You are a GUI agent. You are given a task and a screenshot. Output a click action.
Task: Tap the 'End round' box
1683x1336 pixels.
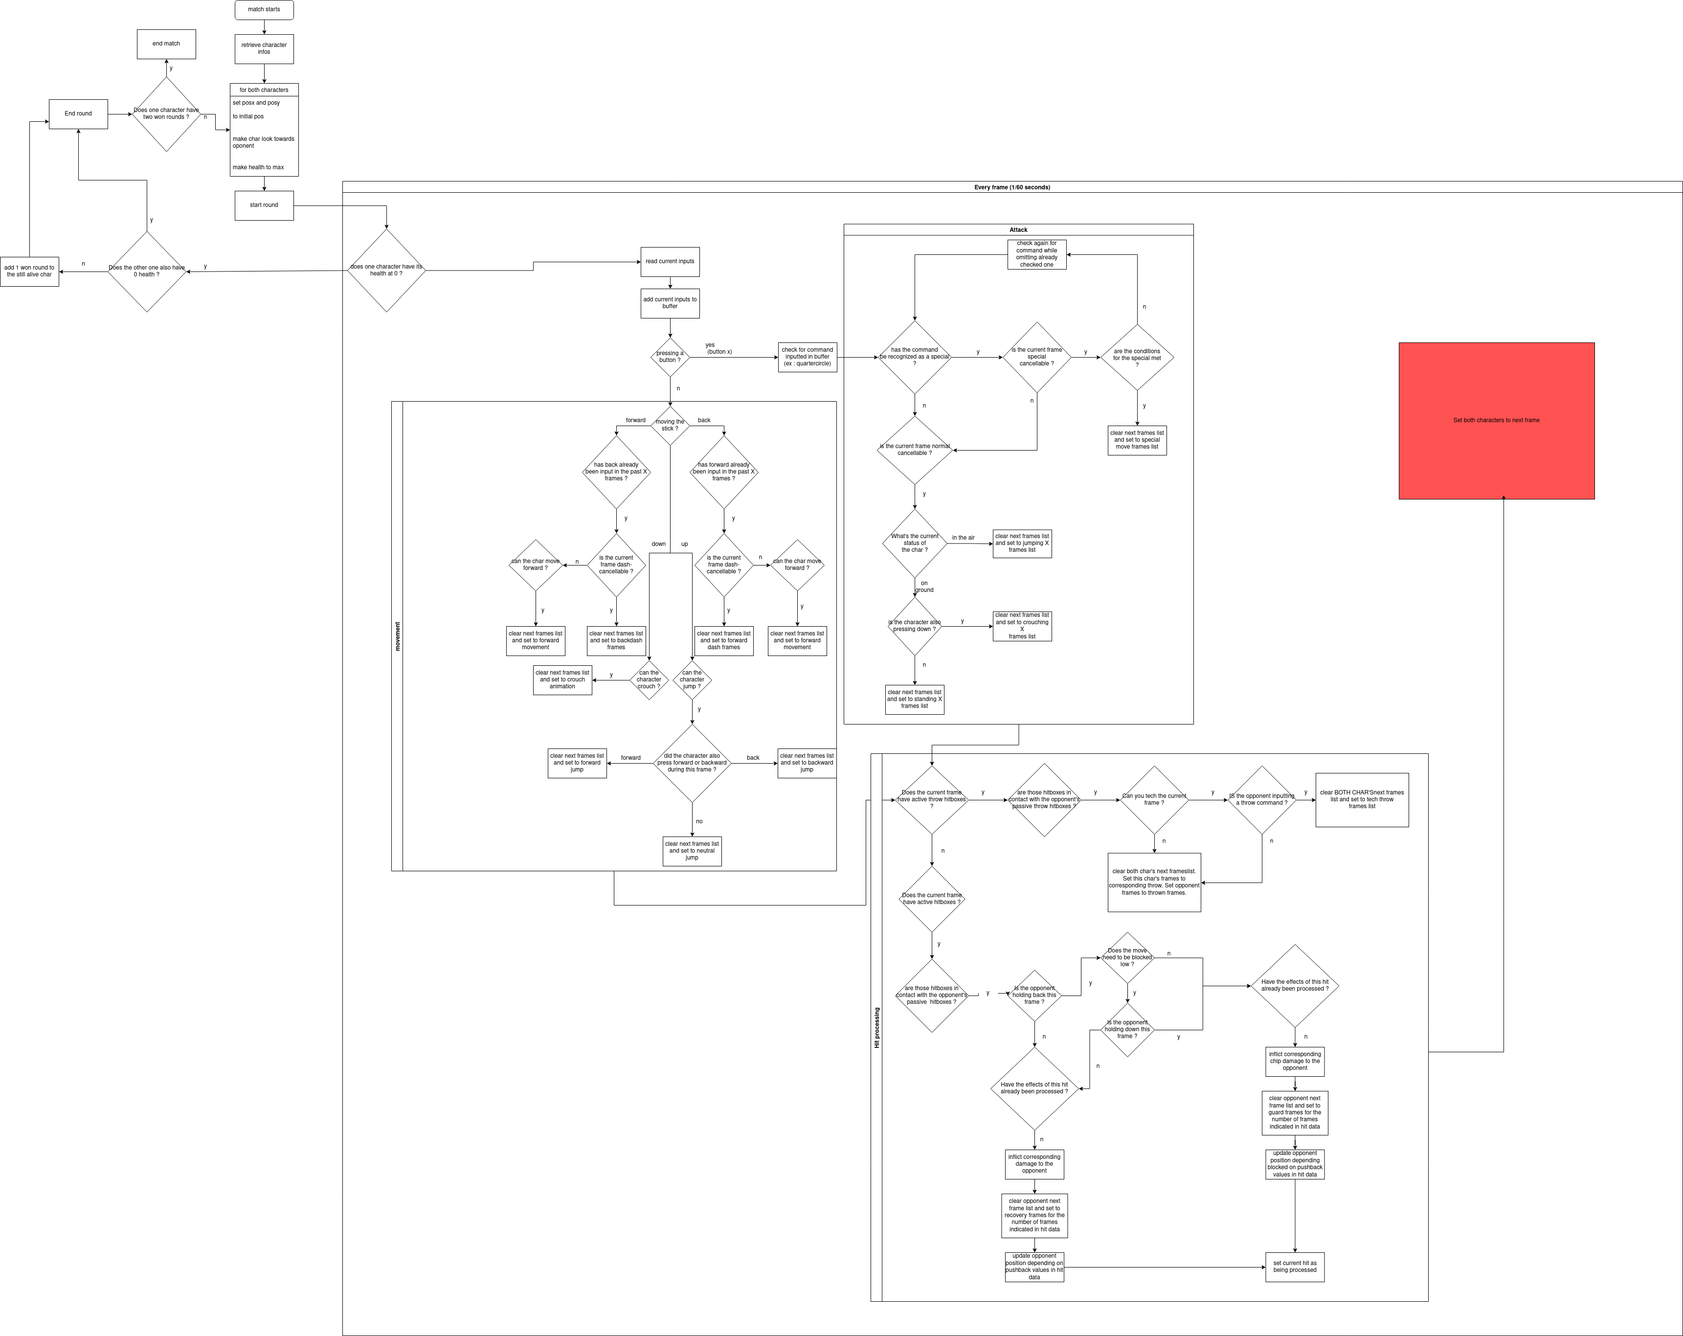78,114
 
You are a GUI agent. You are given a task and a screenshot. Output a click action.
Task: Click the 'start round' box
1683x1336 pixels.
264,205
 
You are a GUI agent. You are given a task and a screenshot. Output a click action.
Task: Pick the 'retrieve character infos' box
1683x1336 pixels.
264,48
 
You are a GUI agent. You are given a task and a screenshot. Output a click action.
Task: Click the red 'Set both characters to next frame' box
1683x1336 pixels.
1496,420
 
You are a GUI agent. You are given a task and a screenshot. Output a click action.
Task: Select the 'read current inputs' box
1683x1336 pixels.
670,262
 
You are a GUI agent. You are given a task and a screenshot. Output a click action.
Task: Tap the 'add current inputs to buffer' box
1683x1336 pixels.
670,303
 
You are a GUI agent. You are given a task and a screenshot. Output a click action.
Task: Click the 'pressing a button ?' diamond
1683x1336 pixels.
670,357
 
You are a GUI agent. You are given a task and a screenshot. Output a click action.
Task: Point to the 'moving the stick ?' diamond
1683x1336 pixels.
670,426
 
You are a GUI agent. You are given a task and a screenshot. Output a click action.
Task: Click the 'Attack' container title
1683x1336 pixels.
1018,229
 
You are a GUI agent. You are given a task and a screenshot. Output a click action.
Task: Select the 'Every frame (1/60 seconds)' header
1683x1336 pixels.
1011,187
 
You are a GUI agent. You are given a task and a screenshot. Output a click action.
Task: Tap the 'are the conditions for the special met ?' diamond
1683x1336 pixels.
1137,358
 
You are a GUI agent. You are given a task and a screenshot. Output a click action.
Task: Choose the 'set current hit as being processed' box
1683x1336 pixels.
1294,1267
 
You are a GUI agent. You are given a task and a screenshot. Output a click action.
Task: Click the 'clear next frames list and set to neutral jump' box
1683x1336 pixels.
692,851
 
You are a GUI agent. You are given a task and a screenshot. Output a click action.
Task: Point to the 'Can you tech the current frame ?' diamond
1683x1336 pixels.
1154,799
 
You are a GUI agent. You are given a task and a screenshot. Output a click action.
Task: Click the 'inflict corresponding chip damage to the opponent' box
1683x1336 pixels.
1294,1061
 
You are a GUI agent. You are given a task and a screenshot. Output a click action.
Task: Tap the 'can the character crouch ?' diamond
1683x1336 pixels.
649,680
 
